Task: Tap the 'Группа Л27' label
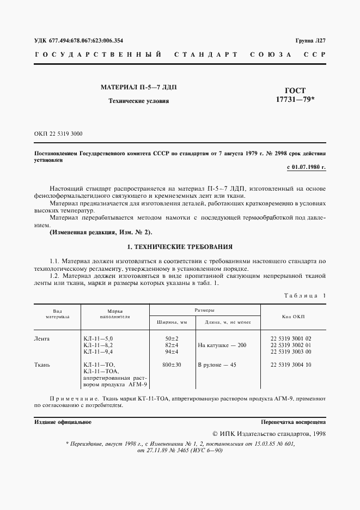coord(310,41)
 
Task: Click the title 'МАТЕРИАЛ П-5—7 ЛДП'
coord(139,87)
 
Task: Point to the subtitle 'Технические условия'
coord(139,101)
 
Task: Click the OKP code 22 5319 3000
coord(58,133)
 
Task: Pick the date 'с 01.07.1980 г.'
coord(306,167)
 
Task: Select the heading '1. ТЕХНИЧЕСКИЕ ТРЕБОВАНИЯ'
coord(180,246)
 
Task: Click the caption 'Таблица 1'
coord(304,295)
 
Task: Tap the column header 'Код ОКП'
coord(294,315)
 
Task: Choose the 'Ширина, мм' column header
coord(172,322)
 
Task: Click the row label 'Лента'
coord(42,338)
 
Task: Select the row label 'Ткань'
coord(42,364)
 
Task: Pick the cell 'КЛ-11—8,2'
coord(99,345)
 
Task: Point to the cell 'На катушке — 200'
coord(222,345)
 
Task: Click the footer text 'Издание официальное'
coord(63,422)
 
